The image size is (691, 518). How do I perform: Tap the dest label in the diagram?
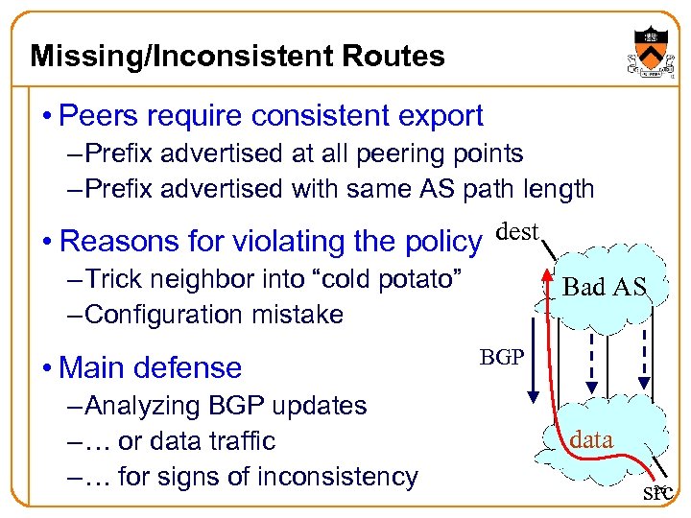pos(519,231)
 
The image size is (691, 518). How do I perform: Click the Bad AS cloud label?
pos(604,286)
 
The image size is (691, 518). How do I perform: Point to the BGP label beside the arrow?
pos(501,357)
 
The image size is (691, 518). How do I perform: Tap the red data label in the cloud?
pos(591,439)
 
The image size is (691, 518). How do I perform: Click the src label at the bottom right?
pos(657,493)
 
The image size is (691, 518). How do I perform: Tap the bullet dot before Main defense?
pos(47,368)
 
